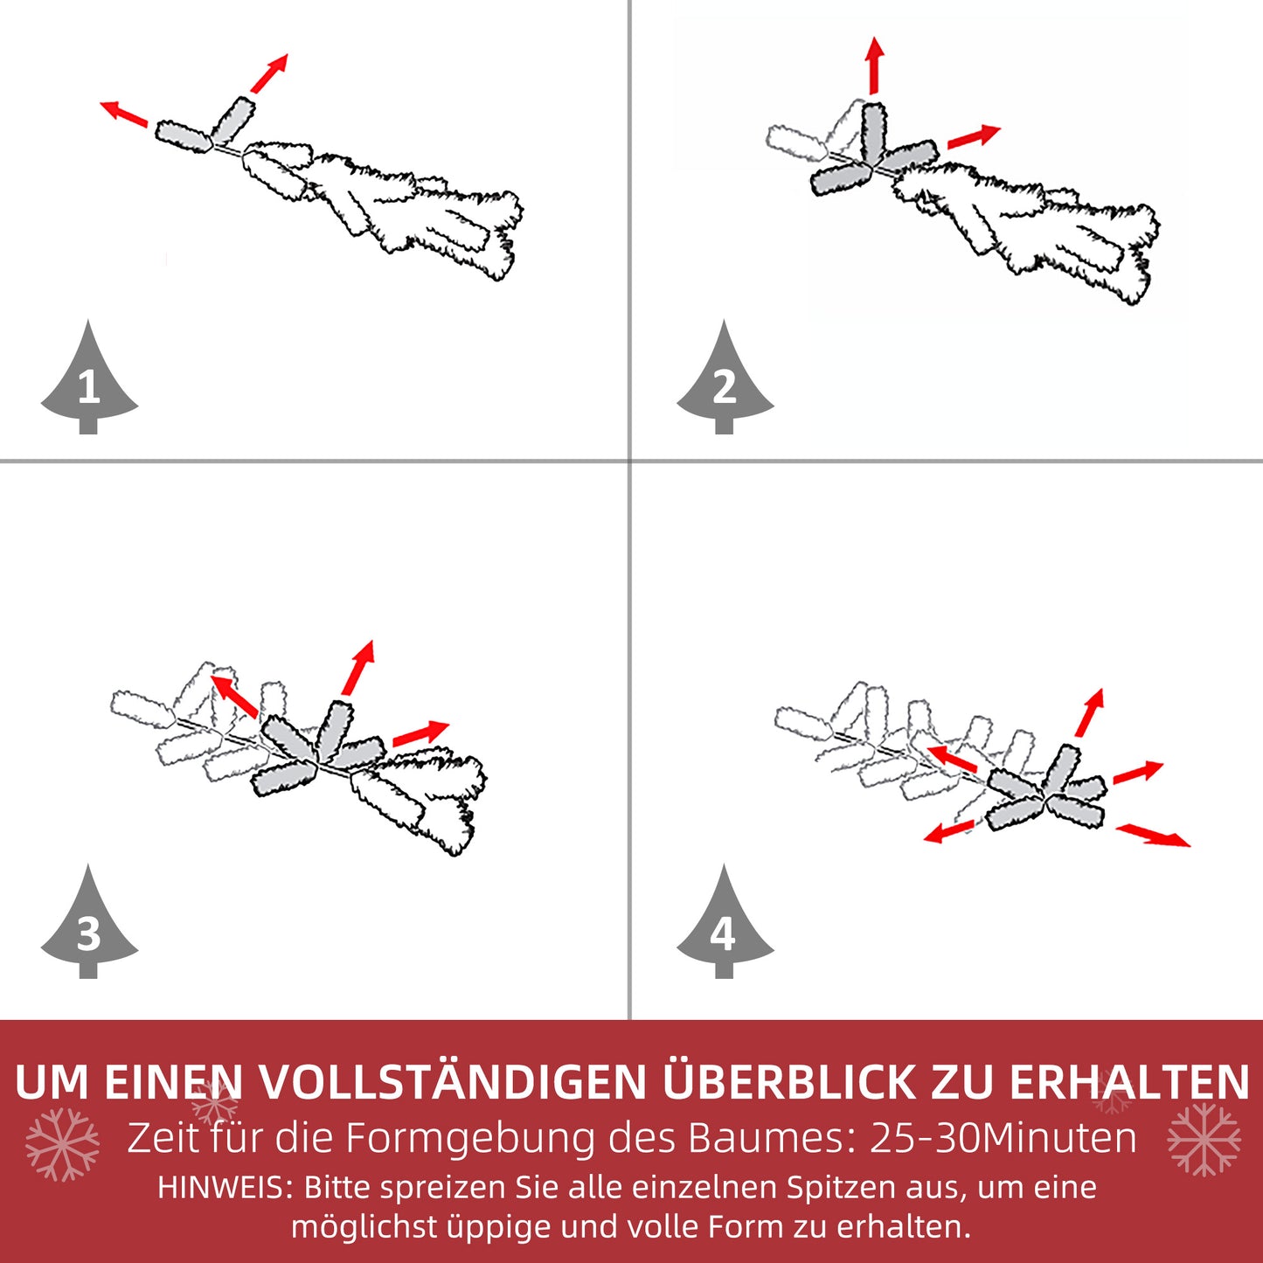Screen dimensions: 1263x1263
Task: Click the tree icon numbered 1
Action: tap(88, 381)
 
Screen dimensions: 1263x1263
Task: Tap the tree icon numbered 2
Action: tap(725, 381)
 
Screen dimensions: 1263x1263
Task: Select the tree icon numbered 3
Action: tap(88, 926)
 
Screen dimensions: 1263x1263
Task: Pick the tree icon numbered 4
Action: tap(725, 926)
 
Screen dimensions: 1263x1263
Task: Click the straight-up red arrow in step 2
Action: tap(874, 66)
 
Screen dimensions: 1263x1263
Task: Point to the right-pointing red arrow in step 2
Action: tap(974, 137)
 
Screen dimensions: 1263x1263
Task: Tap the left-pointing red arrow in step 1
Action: tap(123, 114)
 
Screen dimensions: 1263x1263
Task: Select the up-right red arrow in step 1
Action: tap(269, 73)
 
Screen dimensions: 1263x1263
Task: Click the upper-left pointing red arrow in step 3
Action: tap(233, 696)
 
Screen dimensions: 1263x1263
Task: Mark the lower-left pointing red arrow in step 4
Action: tap(949, 831)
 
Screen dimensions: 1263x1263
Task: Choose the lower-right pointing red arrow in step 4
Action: tap(1154, 835)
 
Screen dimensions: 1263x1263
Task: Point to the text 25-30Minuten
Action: tap(1003, 1138)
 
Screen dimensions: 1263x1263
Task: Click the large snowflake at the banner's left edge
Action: tap(62, 1144)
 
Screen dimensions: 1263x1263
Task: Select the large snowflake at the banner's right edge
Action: tap(1204, 1139)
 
